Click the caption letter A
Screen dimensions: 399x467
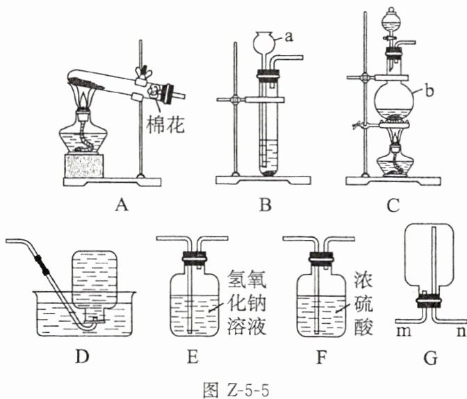[x=122, y=205]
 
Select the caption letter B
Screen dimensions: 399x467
[x=266, y=205]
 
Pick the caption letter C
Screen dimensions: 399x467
[x=393, y=205]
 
